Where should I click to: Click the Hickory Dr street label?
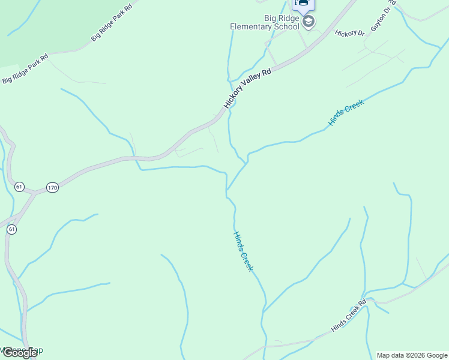(x=350, y=33)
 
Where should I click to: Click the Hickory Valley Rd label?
(x=247, y=88)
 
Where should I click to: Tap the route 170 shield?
(x=52, y=188)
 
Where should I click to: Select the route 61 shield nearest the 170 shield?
(x=19, y=187)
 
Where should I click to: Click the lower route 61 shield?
(x=11, y=229)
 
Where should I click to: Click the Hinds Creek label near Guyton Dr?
(x=346, y=113)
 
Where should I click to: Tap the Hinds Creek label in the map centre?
(x=243, y=251)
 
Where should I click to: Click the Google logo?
(x=19, y=353)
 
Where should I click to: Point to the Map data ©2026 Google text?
(x=412, y=355)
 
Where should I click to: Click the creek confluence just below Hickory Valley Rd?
(x=227, y=191)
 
